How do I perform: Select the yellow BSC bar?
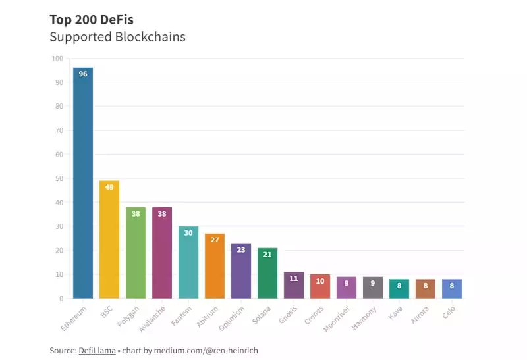[109, 240]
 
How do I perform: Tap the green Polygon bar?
[136, 253]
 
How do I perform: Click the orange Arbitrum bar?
[215, 266]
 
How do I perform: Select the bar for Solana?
[267, 273]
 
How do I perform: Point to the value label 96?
[83, 74]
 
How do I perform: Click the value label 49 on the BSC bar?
[109, 187]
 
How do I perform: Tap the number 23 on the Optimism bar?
[241, 249]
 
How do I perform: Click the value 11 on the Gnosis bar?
[294, 278]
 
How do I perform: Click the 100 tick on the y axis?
[57, 59]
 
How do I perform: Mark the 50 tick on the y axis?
[59, 178]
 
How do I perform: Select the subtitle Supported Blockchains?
[117, 37]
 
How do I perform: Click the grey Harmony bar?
[373, 288]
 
